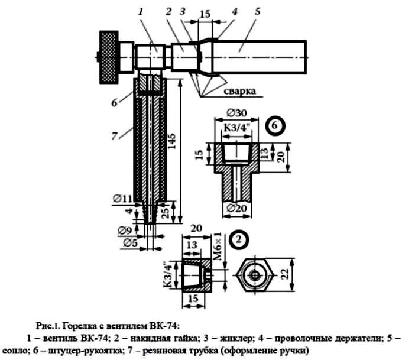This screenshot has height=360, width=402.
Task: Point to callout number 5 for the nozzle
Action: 257,12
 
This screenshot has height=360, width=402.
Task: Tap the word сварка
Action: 239,91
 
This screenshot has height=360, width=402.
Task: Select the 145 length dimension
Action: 172,141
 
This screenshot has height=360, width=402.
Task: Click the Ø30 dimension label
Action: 237,113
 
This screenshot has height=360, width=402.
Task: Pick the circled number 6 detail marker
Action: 274,126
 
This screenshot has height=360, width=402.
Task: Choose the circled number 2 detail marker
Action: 239,240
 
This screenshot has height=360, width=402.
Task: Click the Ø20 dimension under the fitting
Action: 236,209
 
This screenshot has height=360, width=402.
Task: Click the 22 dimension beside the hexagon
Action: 286,274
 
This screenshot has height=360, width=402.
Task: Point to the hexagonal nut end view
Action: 255,275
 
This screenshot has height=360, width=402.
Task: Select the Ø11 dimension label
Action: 123,198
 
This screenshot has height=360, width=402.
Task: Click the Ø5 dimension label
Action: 131,243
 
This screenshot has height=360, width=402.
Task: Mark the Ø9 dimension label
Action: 125,231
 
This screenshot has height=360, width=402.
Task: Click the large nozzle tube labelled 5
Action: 259,57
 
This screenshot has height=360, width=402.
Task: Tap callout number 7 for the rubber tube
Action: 114,136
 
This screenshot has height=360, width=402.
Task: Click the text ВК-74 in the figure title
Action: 162,326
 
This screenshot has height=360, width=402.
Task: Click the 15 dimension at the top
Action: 205,14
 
